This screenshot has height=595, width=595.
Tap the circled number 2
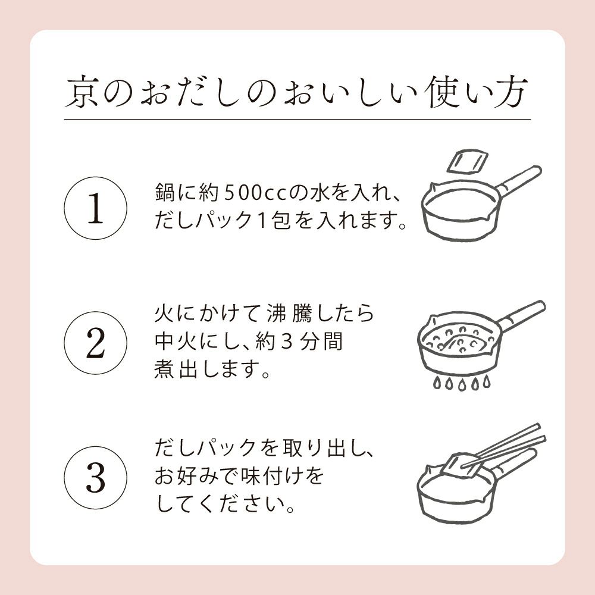coord(95,343)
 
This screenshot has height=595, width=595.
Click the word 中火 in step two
coord(173,343)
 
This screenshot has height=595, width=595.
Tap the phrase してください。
coord(226,507)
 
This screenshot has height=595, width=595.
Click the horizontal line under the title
coord(297,120)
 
